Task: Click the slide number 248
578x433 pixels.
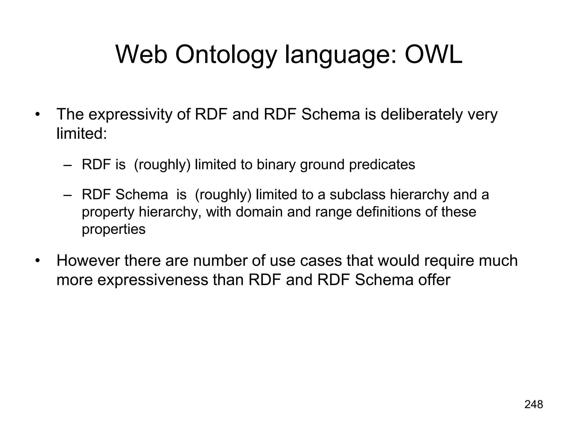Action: [x=534, y=405]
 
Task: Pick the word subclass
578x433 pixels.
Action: [x=357, y=195]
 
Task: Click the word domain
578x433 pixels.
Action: [x=259, y=212]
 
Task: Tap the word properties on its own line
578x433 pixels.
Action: [x=113, y=229]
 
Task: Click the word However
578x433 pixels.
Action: [x=88, y=260]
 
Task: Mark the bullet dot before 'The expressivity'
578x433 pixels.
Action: [x=37, y=115]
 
